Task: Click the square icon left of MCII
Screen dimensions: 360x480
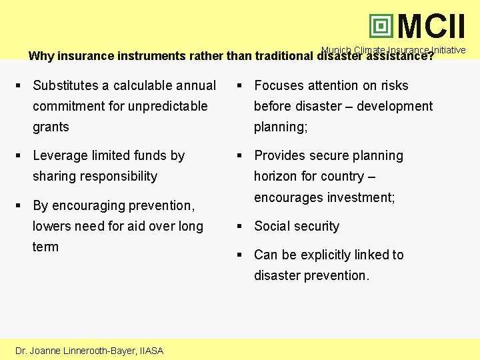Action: coord(381,27)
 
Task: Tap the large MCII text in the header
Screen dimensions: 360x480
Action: coord(431,27)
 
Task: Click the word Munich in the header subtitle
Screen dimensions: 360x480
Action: coord(336,50)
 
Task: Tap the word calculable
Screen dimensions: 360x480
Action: coord(142,85)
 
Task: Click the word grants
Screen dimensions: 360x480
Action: coord(51,127)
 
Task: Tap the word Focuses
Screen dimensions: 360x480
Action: coord(279,85)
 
